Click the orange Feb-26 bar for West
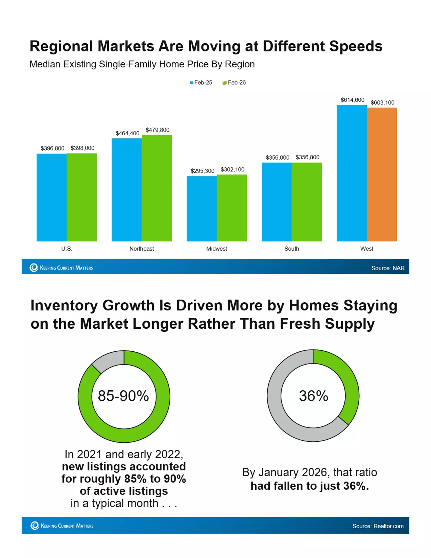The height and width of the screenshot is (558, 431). pyautogui.click(x=382, y=174)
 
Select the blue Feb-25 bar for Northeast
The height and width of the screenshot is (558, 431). pyautogui.click(x=127, y=190)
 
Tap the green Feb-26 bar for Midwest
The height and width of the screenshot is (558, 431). pyautogui.click(x=232, y=208)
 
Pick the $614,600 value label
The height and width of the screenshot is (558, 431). pyautogui.click(x=352, y=100)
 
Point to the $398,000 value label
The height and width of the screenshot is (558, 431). pyautogui.click(x=82, y=148)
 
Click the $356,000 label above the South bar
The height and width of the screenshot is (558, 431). pyautogui.click(x=277, y=158)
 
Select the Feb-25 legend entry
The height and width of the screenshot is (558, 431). pyautogui.click(x=201, y=83)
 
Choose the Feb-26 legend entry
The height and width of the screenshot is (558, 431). pyautogui.click(x=234, y=83)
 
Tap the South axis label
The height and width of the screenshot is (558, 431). pyautogui.click(x=291, y=249)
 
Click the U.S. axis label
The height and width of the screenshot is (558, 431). pyautogui.click(x=67, y=249)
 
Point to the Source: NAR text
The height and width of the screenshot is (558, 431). pyautogui.click(x=388, y=268)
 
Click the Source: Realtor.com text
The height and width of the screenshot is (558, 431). pyautogui.click(x=378, y=526)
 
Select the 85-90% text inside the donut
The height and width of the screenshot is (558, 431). pyautogui.click(x=123, y=396)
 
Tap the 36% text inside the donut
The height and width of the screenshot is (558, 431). pyautogui.click(x=313, y=396)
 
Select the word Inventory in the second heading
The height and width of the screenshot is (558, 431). pyautogui.click(x=64, y=305)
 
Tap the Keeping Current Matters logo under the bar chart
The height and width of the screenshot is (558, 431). pyautogui.click(x=61, y=268)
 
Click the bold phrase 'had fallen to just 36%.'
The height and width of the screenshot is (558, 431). pyautogui.click(x=309, y=486)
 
